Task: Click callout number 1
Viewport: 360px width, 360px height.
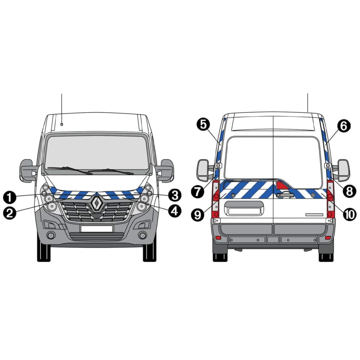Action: (x=10, y=197)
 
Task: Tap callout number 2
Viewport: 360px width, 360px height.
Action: (x=10, y=213)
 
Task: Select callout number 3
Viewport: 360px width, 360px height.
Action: (x=175, y=195)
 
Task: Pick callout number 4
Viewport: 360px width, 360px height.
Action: (x=175, y=211)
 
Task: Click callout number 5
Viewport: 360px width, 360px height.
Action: (x=203, y=125)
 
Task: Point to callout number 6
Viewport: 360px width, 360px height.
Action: (x=344, y=126)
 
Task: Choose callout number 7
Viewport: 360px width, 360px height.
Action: (x=198, y=191)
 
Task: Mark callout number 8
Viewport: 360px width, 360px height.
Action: (x=350, y=191)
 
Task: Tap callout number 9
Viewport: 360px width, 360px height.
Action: (x=198, y=215)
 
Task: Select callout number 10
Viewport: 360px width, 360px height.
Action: (x=350, y=215)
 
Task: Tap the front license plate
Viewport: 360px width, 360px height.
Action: (x=96, y=229)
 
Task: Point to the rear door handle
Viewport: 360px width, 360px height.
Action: (x=285, y=195)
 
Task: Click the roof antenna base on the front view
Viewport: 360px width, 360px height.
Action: (x=62, y=124)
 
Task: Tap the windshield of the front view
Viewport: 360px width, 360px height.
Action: (x=97, y=153)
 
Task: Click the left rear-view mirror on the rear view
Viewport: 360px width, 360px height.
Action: (x=203, y=170)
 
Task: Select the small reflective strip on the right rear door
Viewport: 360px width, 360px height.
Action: (x=314, y=215)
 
